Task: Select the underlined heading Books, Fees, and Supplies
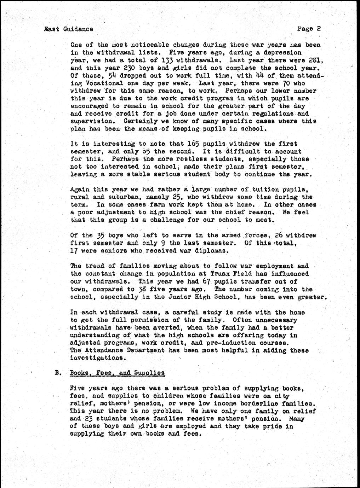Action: (117, 373)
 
